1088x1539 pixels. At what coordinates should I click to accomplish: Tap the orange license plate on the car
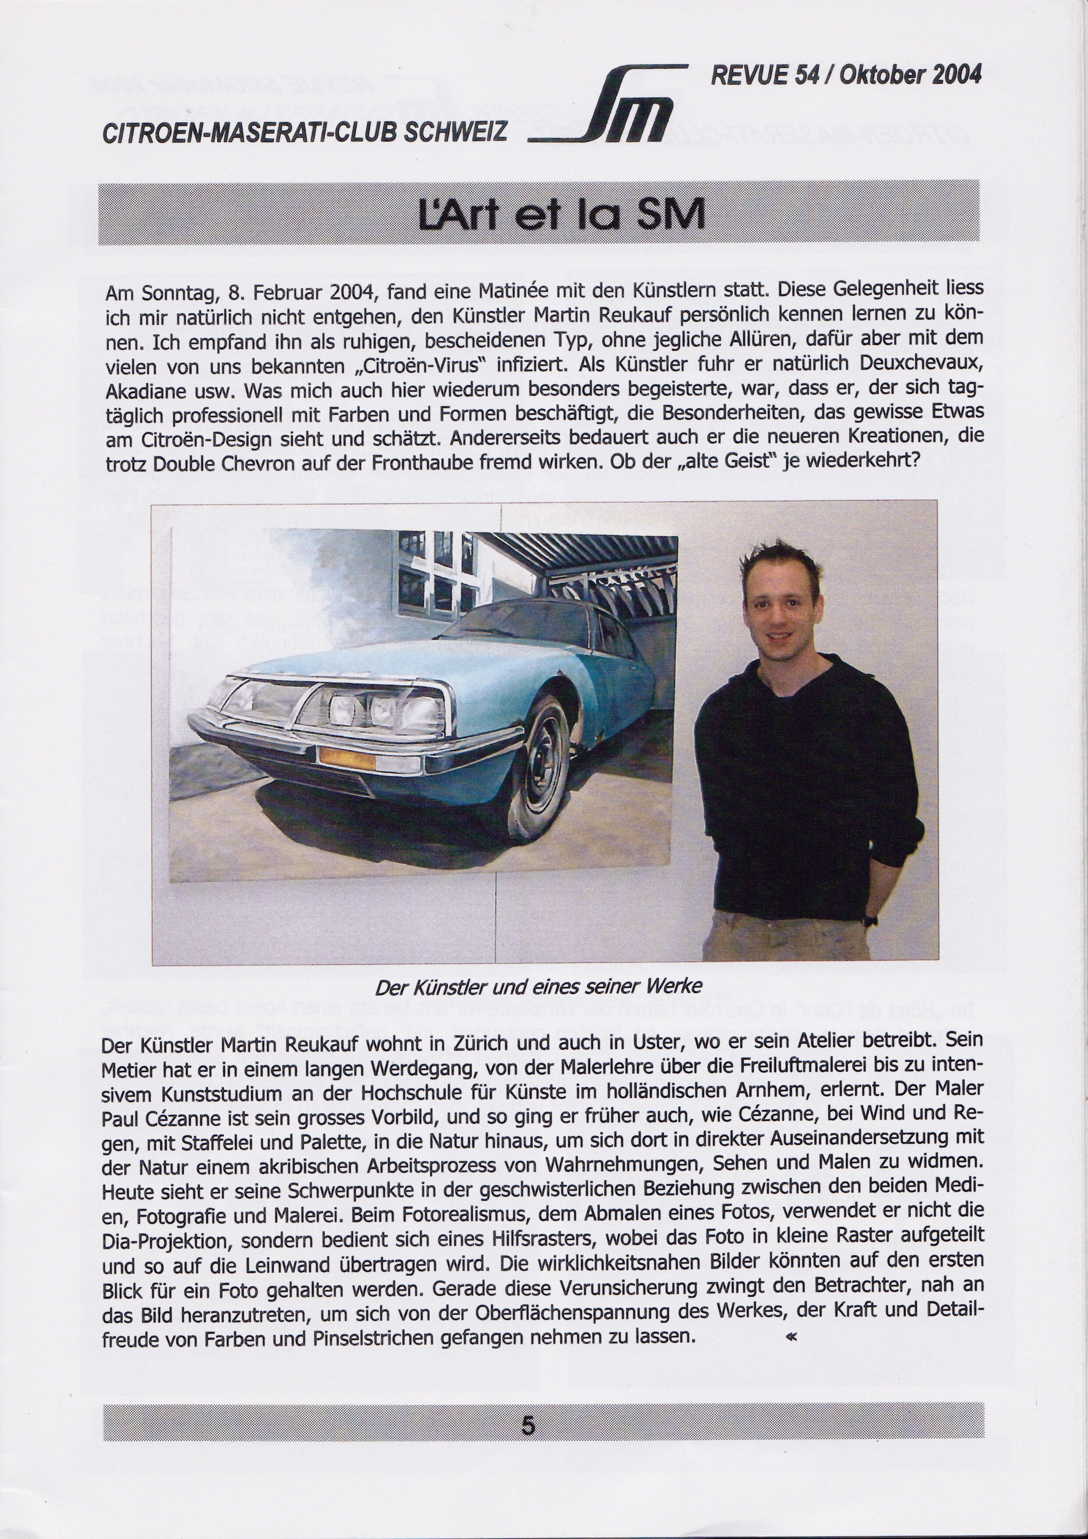click(x=347, y=757)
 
